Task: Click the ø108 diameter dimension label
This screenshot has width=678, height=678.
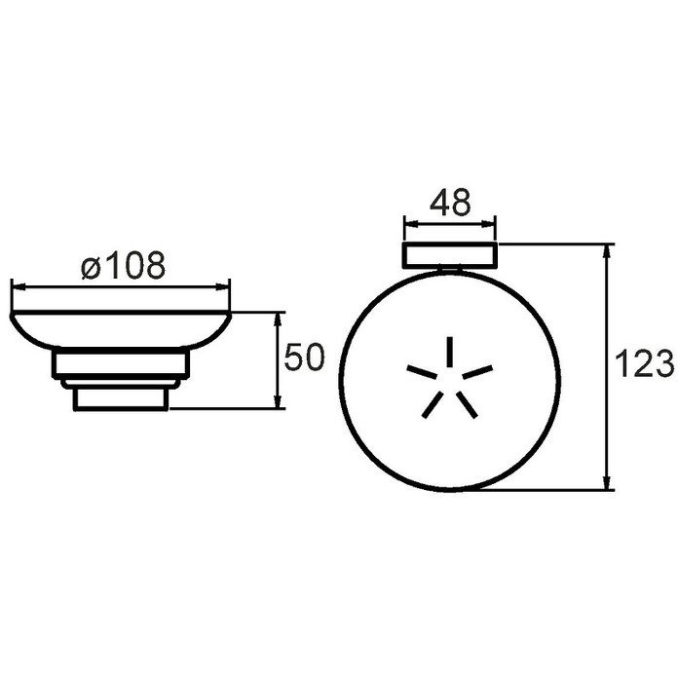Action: (x=124, y=265)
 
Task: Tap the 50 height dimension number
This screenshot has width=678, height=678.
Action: (x=304, y=358)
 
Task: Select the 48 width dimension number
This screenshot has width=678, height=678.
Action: (x=450, y=203)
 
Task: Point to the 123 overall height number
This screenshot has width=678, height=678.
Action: (x=644, y=363)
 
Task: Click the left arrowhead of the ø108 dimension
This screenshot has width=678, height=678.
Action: (x=19, y=285)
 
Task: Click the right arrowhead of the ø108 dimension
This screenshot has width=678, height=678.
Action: (x=223, y=285)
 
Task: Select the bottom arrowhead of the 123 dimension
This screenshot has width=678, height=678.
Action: (x=607, y=482)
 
